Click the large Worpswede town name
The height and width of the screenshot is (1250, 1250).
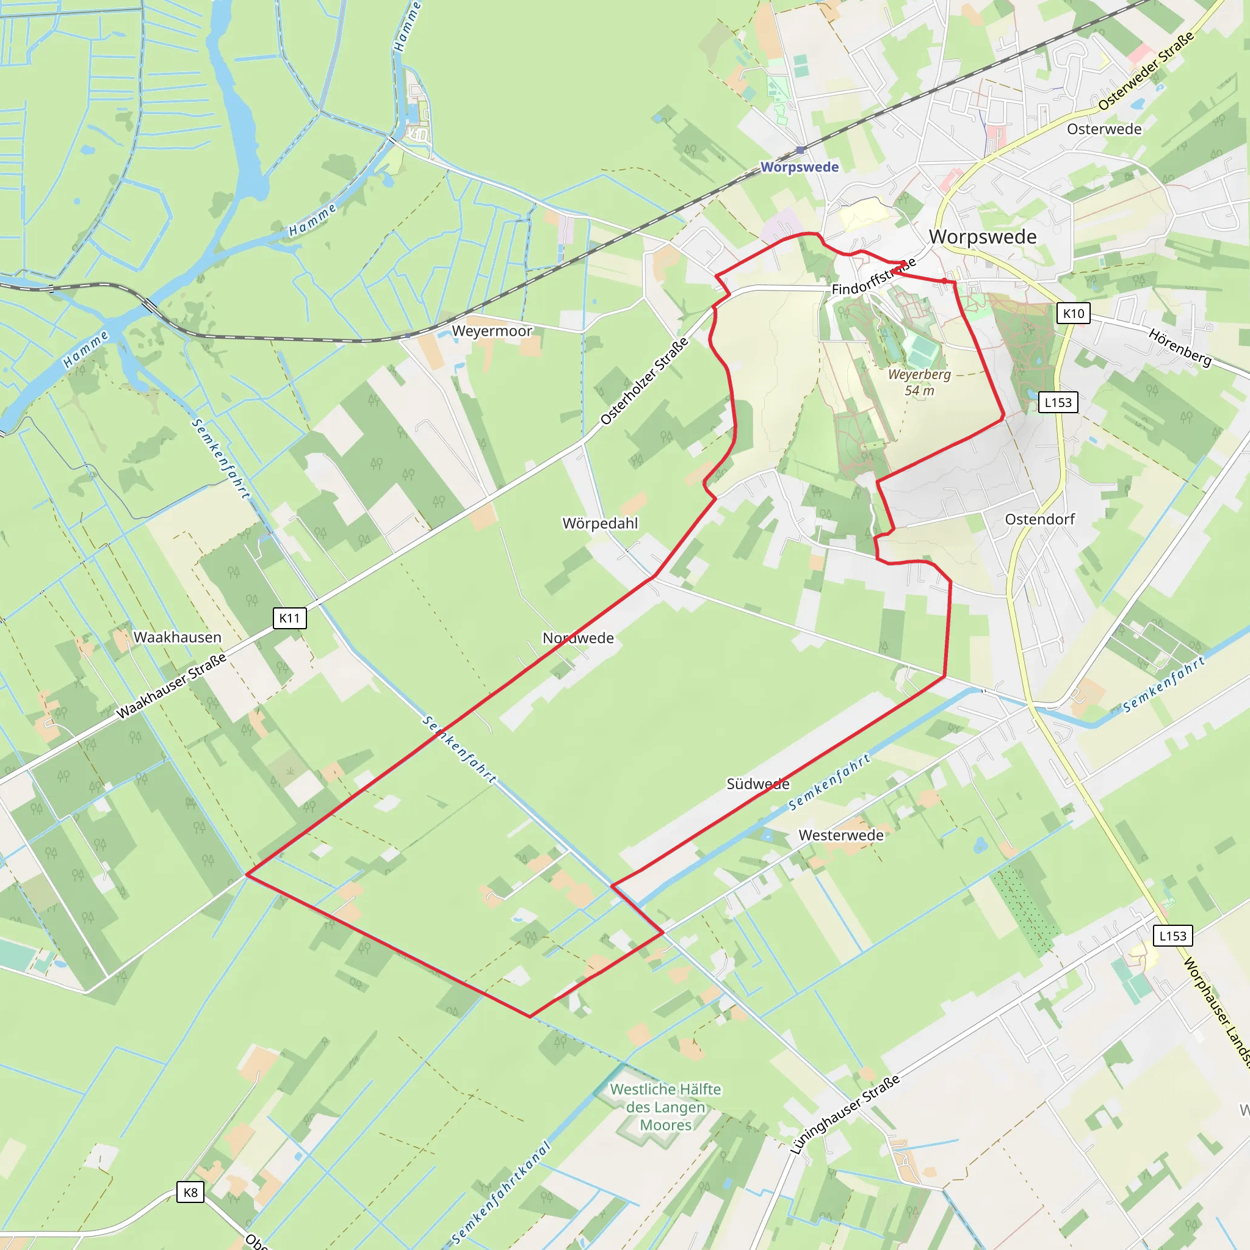[x=982, y=237]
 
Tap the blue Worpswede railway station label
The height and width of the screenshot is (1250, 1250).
[x=799, y=167]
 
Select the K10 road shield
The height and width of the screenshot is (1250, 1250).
[x=1074, y=314]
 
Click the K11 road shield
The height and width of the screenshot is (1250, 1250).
[x=289, y=618]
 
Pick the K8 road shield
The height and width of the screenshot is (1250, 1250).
[x=190, y=1193]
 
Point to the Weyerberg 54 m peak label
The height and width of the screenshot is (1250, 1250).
[x=919, y=382]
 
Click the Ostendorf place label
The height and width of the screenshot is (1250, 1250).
[x=1039, y=519]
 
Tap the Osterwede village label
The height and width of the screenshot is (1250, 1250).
[x=1104, y=129]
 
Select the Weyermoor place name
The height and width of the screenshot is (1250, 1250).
[x=492, y=331]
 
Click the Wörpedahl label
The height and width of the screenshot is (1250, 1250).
[x=600, y=523]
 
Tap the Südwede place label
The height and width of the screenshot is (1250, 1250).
[x=757, y=784]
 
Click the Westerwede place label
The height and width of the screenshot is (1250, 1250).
[x=840, y=836]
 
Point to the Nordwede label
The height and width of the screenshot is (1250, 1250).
[x=578, y=638]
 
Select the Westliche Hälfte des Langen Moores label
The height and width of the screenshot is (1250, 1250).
[x=665, y=1107]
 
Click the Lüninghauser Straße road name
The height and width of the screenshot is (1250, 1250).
[x=844, y=1114]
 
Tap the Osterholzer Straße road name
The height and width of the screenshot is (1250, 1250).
[x=644, y=381]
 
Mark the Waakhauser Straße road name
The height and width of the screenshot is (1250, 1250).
[x=172, y=686]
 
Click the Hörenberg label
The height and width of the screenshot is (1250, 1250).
[x=1179, y=347]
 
